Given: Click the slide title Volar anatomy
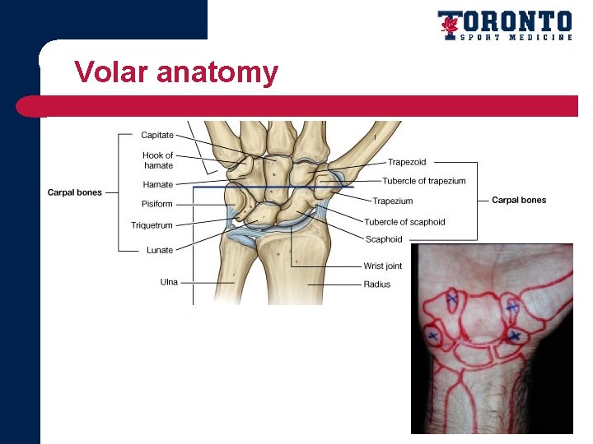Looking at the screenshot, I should click(175, 72).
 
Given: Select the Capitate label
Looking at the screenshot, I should click(157, 136).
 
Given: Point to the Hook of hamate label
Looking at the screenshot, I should click(157, 160).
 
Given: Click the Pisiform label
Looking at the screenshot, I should click(157, 204).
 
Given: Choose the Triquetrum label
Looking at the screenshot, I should click(152, 225).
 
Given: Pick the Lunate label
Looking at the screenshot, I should click(160, 250).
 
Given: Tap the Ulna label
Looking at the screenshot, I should click(169, 282).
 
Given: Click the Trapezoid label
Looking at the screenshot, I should click(407, 163).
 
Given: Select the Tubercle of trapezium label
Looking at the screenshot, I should click(423, 181).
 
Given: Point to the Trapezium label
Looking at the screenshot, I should click(393, 201).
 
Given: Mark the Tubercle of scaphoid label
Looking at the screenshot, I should click(404, 222).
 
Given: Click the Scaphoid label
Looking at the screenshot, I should click(384, 239).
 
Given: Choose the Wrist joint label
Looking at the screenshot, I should click(383, 266).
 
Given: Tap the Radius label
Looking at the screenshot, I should click(377, 284).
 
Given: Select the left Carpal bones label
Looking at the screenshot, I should click(75, 192).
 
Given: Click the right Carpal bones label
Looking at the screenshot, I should click(519, 200).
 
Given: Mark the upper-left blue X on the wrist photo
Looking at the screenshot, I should click(452, 300).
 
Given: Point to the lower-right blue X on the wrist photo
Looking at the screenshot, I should click(515, 335).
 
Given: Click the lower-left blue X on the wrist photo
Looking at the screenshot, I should click(432, 336).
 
